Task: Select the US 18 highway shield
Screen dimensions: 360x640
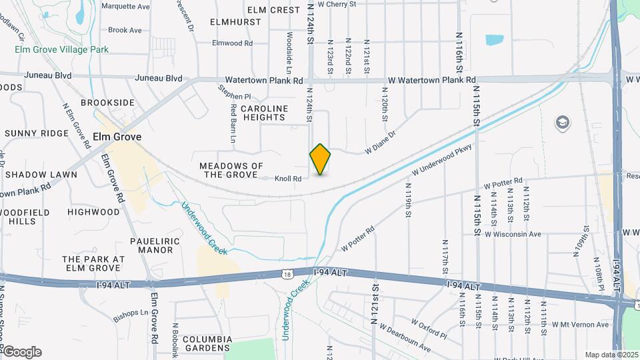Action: [287, 273]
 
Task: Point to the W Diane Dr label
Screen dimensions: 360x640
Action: [380, 143]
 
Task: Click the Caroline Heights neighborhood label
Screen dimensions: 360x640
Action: [264, 113]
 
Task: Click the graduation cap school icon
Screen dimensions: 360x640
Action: [563, 123]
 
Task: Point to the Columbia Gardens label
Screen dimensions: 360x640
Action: [198, 343]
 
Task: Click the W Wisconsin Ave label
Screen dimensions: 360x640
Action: [513, 235]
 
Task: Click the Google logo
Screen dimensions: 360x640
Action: [21, 351]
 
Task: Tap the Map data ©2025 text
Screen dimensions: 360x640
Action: [610, 355]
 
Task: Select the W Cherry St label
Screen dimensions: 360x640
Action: [337, 4]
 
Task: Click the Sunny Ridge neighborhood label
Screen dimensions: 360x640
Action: [36, 133]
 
